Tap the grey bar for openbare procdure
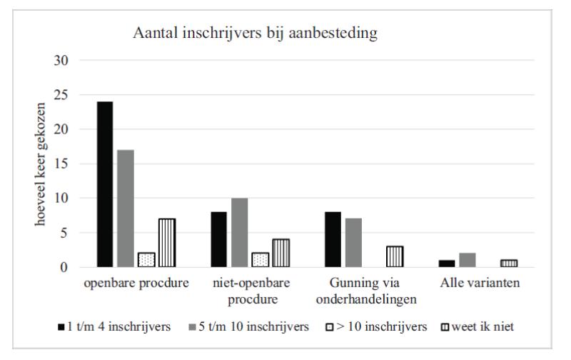pos(126,209)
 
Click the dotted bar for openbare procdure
pos(146,260)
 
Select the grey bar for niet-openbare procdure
pos(241,233)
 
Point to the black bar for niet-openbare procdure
pos(219,239)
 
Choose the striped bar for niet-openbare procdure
pos(282,253)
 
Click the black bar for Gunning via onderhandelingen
pos(333,239)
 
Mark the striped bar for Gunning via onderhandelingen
pos(395,256)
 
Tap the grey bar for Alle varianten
pos(467,260)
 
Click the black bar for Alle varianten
pos(446,264)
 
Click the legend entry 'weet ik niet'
pos(485,327)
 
